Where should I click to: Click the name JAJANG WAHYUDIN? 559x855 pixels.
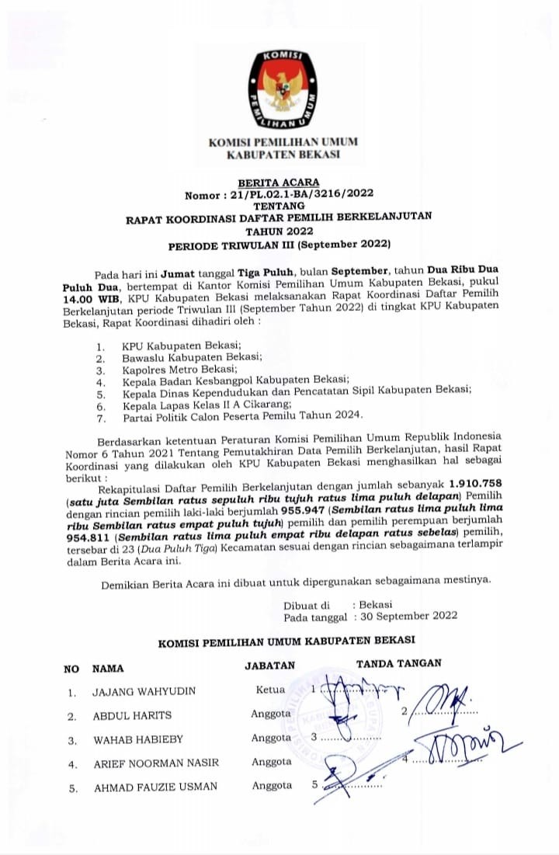pyautogui.click(x=144, y=691)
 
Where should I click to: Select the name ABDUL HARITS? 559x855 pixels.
pyautogui.click(x=132, y=715)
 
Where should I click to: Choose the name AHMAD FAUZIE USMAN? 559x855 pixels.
pyautogui.click(x=155, y=787)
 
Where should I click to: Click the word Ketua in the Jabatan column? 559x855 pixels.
pyautogui.click(x=270, y=690)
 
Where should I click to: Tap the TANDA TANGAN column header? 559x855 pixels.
pyautogui.click(x=398, y=663)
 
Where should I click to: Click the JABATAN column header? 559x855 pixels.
pyautogui.click(x=270, y=666)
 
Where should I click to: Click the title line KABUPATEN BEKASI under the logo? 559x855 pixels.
pyautogui.click(x=283, y=155)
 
